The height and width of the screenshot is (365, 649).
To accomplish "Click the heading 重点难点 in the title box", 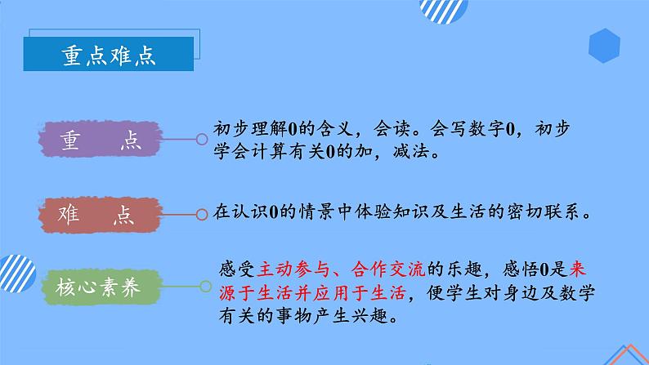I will point(110,56).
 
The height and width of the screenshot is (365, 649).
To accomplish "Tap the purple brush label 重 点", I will point(101,140).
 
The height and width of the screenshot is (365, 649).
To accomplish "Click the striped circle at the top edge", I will point(442,10).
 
